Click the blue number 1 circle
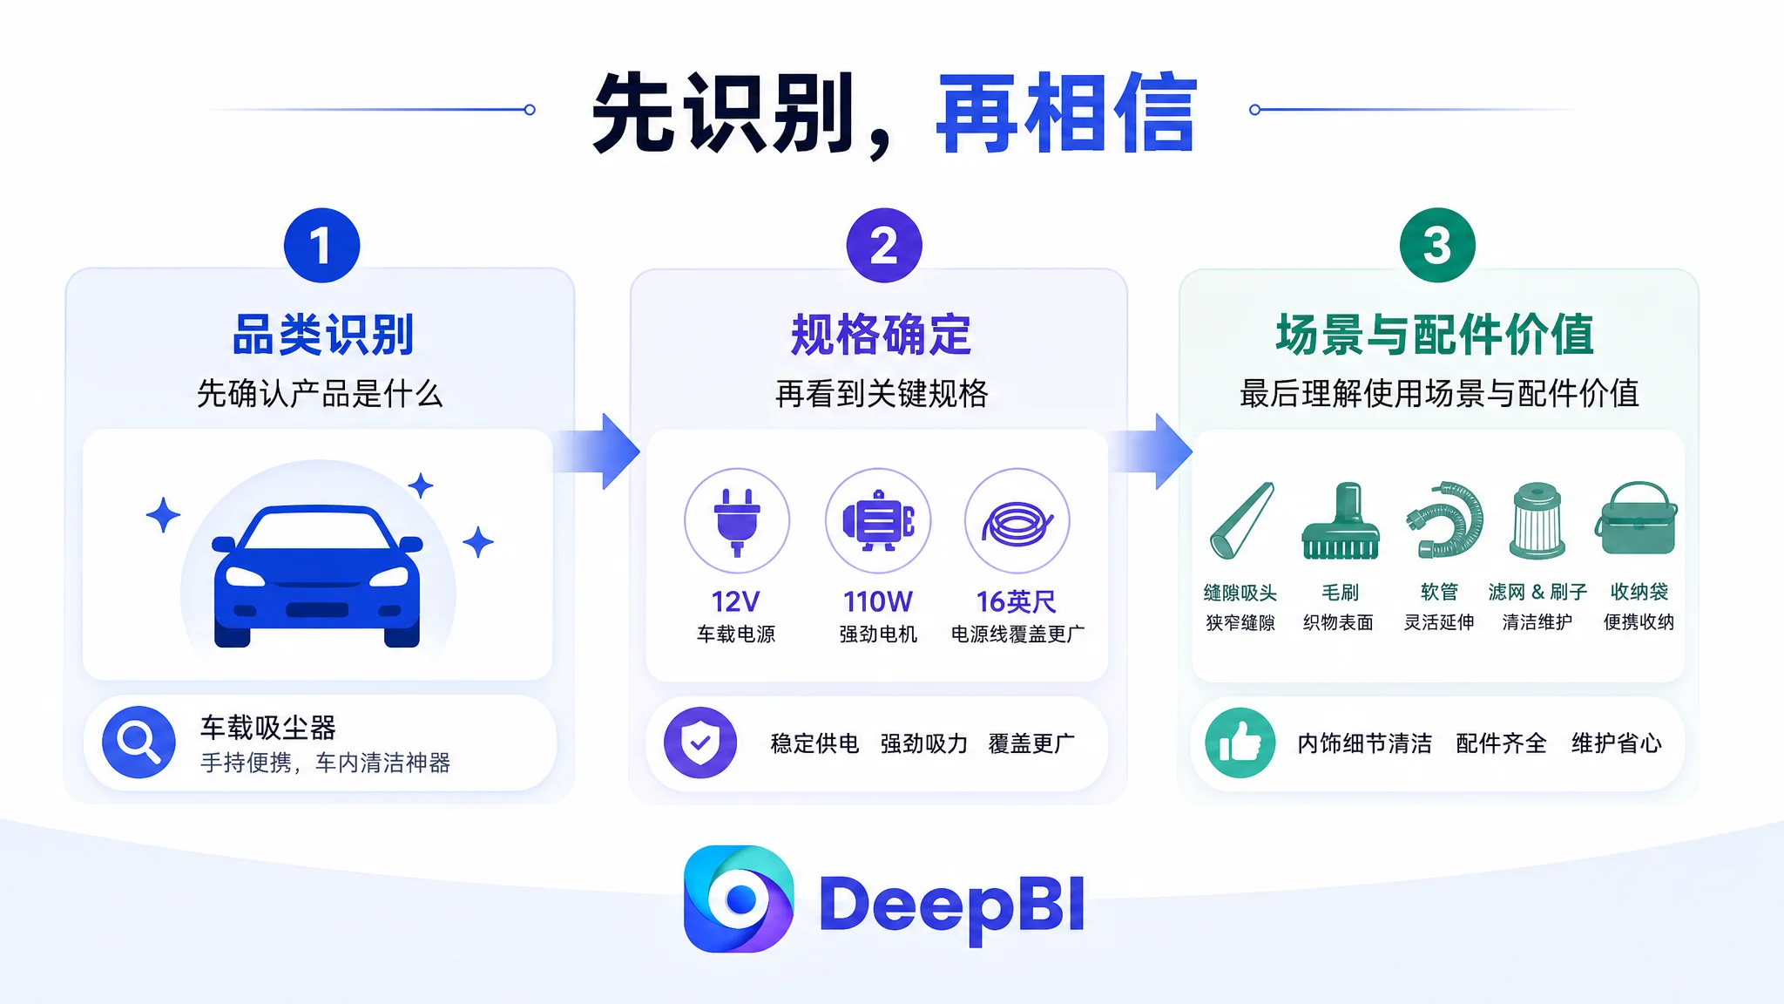click(321, 245)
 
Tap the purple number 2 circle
click(884, 245)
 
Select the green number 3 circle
click(1437, 245)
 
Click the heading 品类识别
click(323, 335)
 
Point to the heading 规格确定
click(882, 335)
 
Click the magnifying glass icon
click(139, 742)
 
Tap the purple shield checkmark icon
click(700, 743)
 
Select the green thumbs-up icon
click(1240, 743)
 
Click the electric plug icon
click(737, 521)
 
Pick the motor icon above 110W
click(878, 521)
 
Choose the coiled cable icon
click(1017, 521)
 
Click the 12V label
click(736, 601)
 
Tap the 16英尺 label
click(1017, 601)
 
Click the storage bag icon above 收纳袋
click(1637, 519)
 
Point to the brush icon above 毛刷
click(1341, 520)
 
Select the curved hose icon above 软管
click(1444, 519)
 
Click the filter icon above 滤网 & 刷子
click(1537, 520)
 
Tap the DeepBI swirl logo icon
click(739, 899)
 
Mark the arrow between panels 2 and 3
click(1152, 451)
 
